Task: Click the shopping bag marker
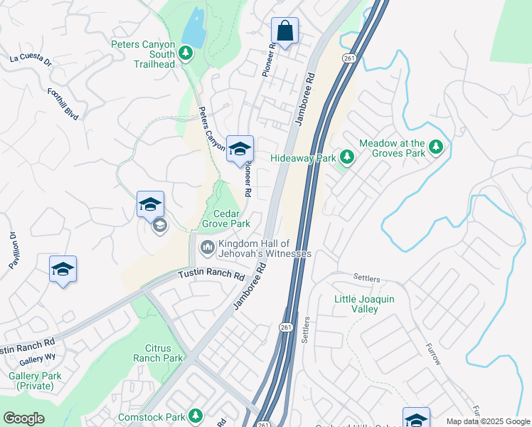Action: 284,31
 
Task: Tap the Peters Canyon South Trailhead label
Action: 143,53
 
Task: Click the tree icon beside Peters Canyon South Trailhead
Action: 186,53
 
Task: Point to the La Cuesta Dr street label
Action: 31,60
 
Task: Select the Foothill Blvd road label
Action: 63,103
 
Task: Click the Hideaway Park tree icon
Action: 347,156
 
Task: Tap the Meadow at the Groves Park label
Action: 392,148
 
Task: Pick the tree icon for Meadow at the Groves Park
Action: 436,148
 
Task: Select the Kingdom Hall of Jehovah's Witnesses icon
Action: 207,248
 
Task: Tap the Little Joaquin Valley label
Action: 364,305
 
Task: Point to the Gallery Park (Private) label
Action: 31,381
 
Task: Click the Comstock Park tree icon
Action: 194,416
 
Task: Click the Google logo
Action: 23,418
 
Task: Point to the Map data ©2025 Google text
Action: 487,421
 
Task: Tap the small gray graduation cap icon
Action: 159,226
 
